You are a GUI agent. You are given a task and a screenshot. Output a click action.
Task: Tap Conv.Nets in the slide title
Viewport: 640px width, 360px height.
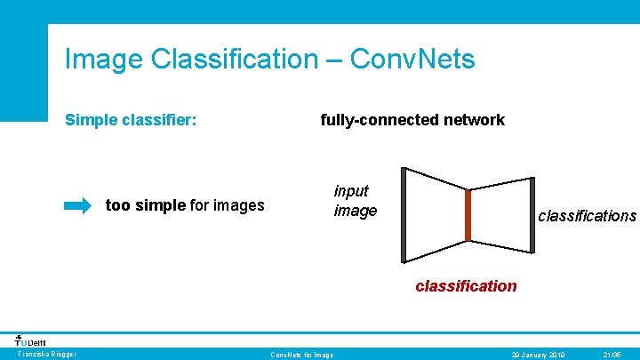click(412, 60)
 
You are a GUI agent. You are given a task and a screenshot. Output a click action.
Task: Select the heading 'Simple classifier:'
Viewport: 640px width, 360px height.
click(131, 120)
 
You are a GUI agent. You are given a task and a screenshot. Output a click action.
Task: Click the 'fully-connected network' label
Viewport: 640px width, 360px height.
click(412, 120)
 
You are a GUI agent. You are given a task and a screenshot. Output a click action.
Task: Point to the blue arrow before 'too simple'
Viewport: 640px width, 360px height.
click(77, 206)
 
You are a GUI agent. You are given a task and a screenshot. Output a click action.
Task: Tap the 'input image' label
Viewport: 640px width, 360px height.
click(355, 201)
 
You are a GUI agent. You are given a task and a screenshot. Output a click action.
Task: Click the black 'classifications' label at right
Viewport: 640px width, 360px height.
click(587, 216)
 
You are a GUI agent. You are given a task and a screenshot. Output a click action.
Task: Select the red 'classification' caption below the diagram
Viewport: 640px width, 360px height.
click(466, 286)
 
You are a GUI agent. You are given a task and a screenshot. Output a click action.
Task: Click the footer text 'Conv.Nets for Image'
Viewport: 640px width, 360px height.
click(302, 355)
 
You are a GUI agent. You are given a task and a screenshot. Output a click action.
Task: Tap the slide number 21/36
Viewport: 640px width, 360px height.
click(612, 355)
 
